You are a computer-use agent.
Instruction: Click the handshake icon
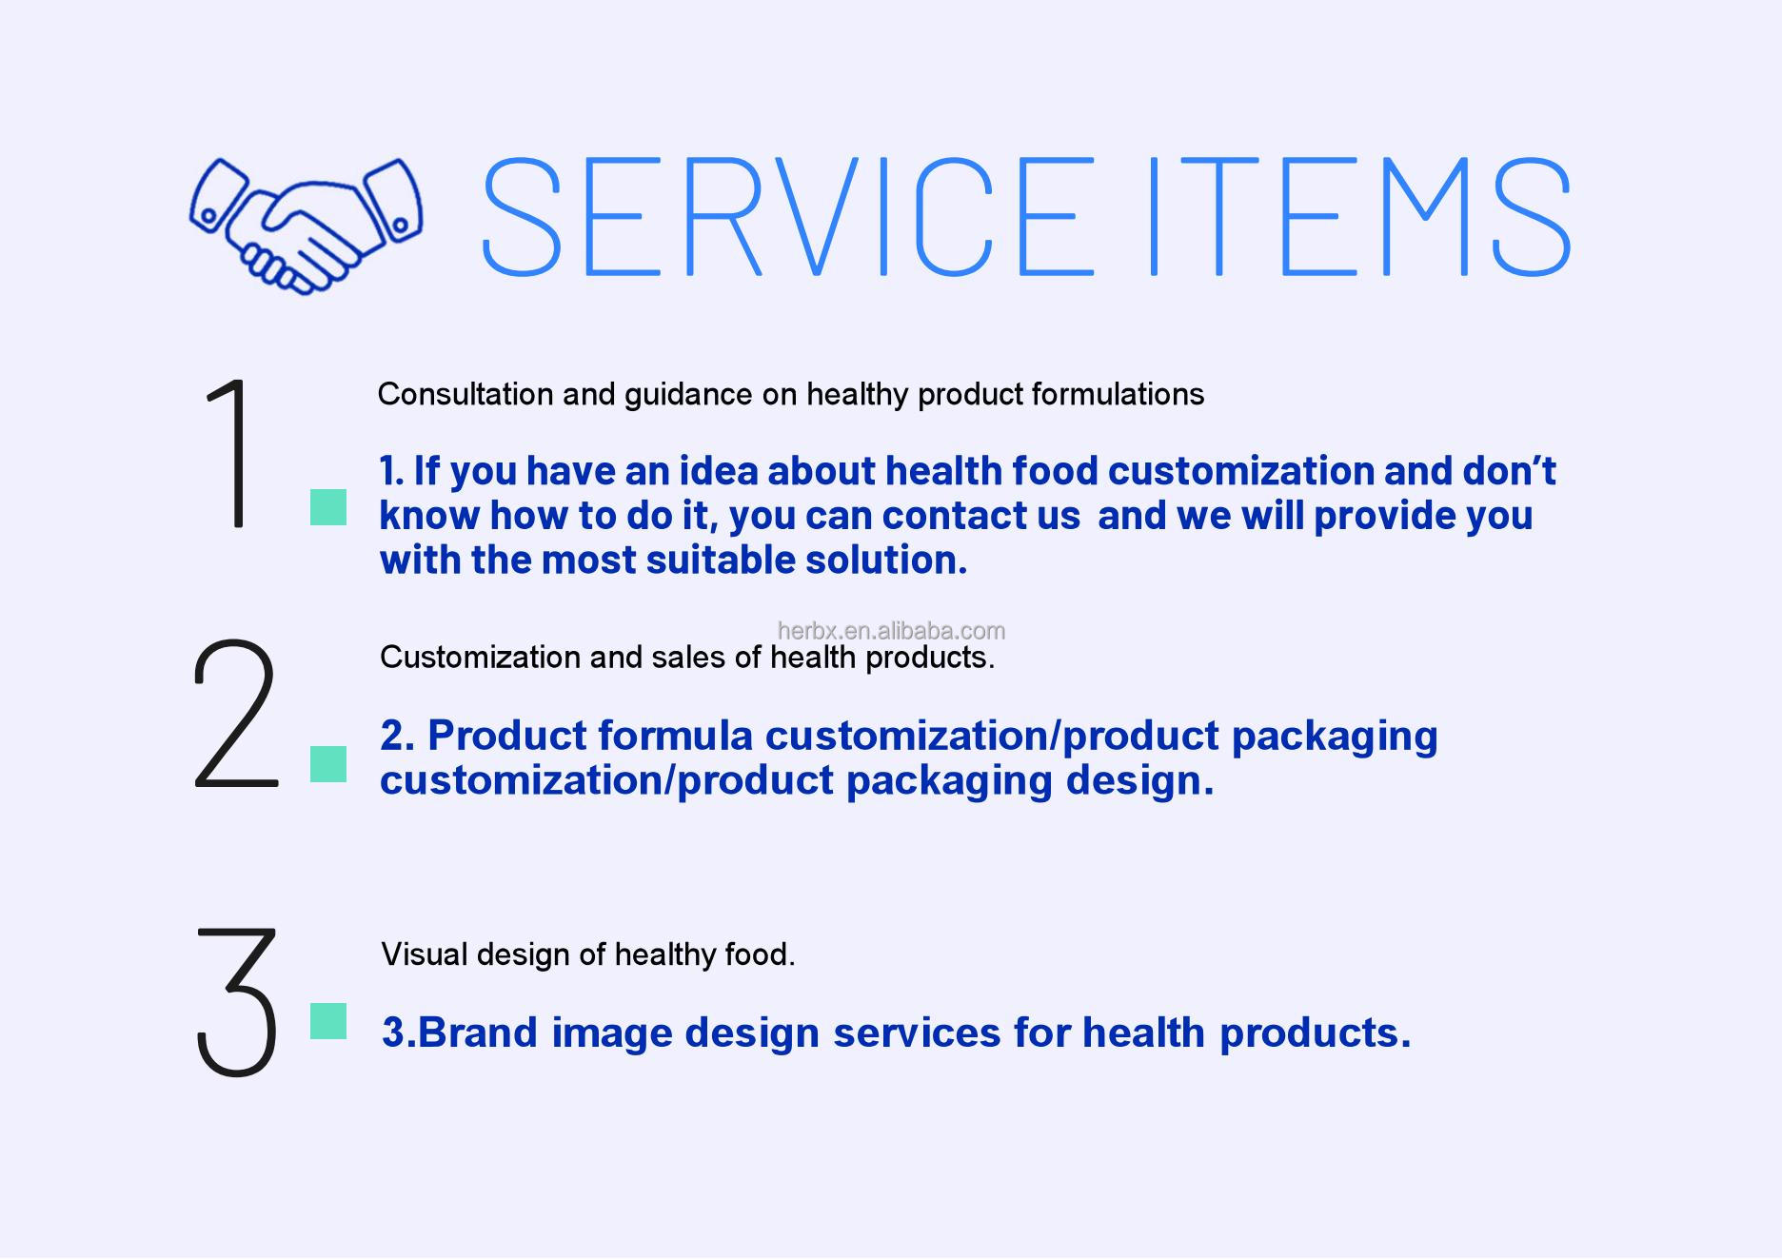coord(306,226)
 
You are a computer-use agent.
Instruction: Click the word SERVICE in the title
coord(788,217)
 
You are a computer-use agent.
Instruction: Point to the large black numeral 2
coord(235,714)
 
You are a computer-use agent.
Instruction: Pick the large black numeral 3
coord(237,1002)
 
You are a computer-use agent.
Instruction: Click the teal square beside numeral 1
coord(328,507)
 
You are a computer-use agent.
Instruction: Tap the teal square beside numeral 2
coord(328,764)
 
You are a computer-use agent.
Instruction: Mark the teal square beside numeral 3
coord(328,1021)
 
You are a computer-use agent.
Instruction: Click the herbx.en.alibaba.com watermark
coord(891,630)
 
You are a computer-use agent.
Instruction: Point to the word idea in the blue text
coord(717,470)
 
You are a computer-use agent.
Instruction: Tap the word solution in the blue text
coord(886,560)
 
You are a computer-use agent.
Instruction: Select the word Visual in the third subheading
coord(425,954)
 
